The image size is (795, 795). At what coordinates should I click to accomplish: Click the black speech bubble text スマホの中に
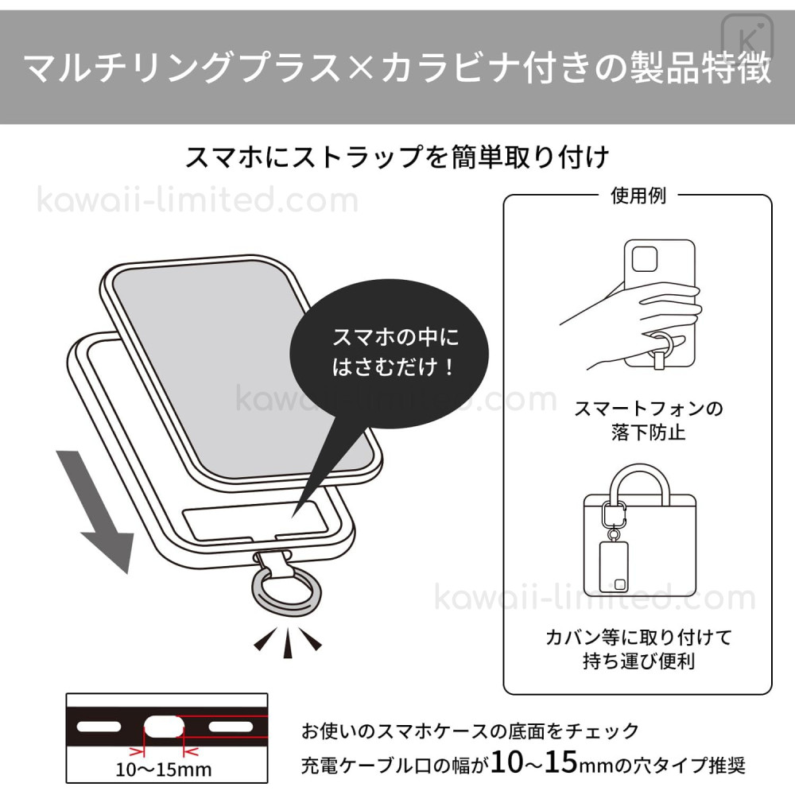tap(395, 337)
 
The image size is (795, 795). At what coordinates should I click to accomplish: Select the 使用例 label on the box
tap(638, 196)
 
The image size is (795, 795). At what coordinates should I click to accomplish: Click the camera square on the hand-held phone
tap(645, 259)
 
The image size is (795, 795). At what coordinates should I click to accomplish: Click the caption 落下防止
tap(649, 432)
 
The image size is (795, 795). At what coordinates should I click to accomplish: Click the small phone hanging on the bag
tap(614, 566)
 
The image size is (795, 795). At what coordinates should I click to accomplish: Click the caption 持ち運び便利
tap(639, 661)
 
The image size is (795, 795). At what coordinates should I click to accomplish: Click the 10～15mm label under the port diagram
tap(163, 770)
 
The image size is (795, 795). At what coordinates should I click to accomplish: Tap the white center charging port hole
tap(163, 727)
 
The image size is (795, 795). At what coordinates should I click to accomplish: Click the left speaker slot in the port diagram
tap(99, 727)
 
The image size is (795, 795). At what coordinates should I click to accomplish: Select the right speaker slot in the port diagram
tap(231, 727)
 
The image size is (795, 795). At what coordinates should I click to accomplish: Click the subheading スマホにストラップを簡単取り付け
tap(397, 157)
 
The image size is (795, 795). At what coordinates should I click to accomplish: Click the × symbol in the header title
tap(362, 68)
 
